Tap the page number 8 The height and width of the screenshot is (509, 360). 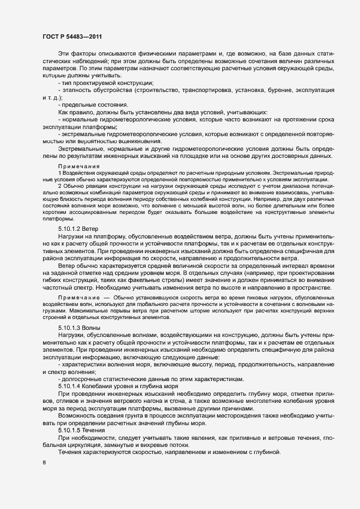44,463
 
